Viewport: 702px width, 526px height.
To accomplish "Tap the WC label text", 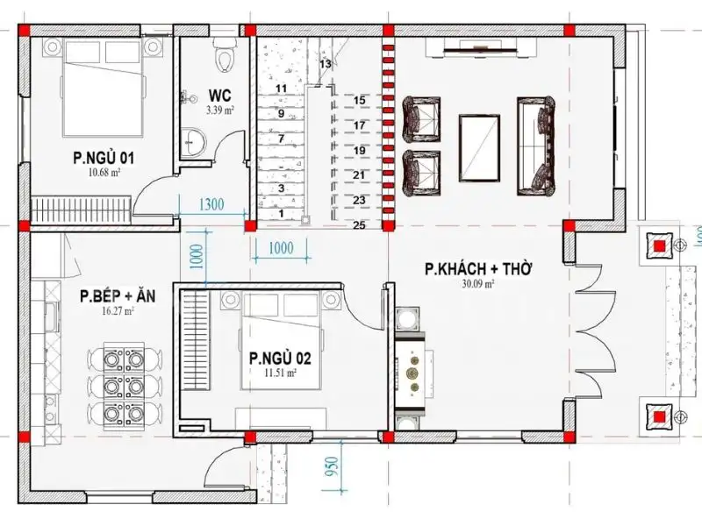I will (219, 96).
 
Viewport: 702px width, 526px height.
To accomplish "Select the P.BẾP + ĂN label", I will (117, 296).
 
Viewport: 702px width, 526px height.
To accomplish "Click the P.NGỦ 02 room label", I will (280, 358).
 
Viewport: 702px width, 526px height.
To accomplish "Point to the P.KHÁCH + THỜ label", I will (479, 269).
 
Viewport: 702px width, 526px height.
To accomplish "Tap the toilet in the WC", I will (227, 55).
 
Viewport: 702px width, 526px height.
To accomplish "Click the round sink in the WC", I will (192, 140).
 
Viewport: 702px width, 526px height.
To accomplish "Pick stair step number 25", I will (358, 225).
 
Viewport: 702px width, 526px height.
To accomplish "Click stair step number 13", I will (325, 64).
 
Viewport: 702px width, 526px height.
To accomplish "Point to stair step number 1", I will (281, 213).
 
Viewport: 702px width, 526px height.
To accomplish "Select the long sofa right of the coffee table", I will (535, 146).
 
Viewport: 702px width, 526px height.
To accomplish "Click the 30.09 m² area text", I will (478, 284).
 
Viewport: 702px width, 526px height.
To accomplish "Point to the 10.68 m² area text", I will (104, 173).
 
